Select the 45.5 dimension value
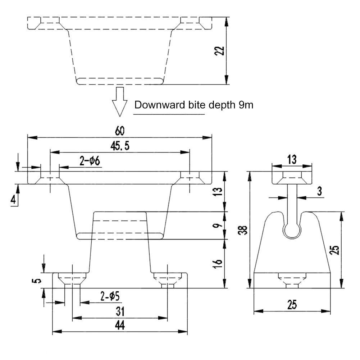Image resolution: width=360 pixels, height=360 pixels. [120, 146]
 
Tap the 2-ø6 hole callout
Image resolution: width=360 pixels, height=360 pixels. [90, 161]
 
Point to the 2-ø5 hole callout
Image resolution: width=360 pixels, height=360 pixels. [110, 297]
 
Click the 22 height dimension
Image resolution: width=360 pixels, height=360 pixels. [222, 51]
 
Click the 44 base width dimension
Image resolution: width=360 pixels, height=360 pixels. [120, 325]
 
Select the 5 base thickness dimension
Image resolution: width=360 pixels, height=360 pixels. [35, 281]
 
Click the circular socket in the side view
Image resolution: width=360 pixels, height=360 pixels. [292, 230]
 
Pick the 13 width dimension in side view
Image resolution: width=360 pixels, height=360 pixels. [292, 159]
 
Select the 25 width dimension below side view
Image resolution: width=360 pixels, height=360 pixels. [292, 305]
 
